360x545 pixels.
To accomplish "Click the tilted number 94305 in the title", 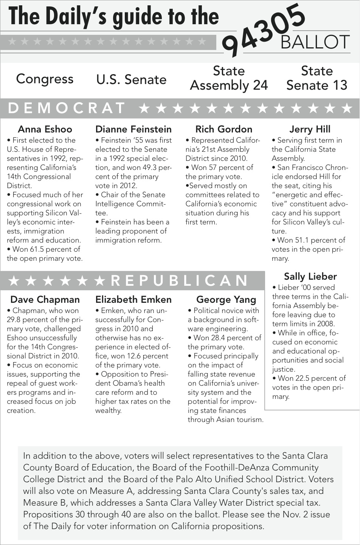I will point(264,30).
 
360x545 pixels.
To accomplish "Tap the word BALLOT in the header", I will point(315,42).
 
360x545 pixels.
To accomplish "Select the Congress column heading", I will point(45,79).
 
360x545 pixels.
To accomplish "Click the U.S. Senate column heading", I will point(131,79).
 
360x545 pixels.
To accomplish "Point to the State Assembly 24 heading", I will point(229,78).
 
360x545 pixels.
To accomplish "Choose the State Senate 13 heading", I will point(317,78).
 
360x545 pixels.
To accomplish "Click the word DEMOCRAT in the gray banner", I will point(67,108).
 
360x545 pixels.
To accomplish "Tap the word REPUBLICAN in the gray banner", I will point(179,280).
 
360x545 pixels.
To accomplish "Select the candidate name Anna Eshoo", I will point(45,129).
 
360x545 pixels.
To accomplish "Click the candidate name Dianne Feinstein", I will point(133,129).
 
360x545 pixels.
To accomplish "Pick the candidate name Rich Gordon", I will point(223,129).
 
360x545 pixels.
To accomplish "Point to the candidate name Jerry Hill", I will point(310,129).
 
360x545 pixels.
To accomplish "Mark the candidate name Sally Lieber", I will point(310,276).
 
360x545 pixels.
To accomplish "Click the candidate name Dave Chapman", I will point(45,299).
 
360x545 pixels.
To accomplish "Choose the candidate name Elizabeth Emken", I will point(133,299).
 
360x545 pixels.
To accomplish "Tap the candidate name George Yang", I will point(226,300).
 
